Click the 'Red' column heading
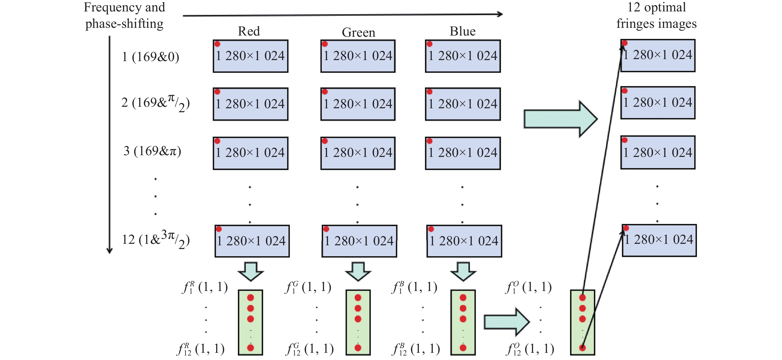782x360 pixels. coord(249,31)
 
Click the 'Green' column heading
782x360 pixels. coord(358,33)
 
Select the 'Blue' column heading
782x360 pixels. coord(462,31)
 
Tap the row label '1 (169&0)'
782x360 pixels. coord(151,57)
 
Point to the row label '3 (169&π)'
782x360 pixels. coord(152,151)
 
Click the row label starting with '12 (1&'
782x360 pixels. coord(155,240)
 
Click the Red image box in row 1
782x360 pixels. coord(250,56)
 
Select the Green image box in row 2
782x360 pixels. coord(358,104)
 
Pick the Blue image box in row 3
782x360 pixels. coord(463,153)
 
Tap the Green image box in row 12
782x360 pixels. coord(359,241)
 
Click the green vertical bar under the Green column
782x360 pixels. coord(358,322)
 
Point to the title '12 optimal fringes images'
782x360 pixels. coord(656,15)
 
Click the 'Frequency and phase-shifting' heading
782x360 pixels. coord(124,15)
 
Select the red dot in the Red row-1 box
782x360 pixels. coord(217,44)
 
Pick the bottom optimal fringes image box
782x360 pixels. coord(659,240)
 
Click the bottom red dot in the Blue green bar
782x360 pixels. coord(463,348)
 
